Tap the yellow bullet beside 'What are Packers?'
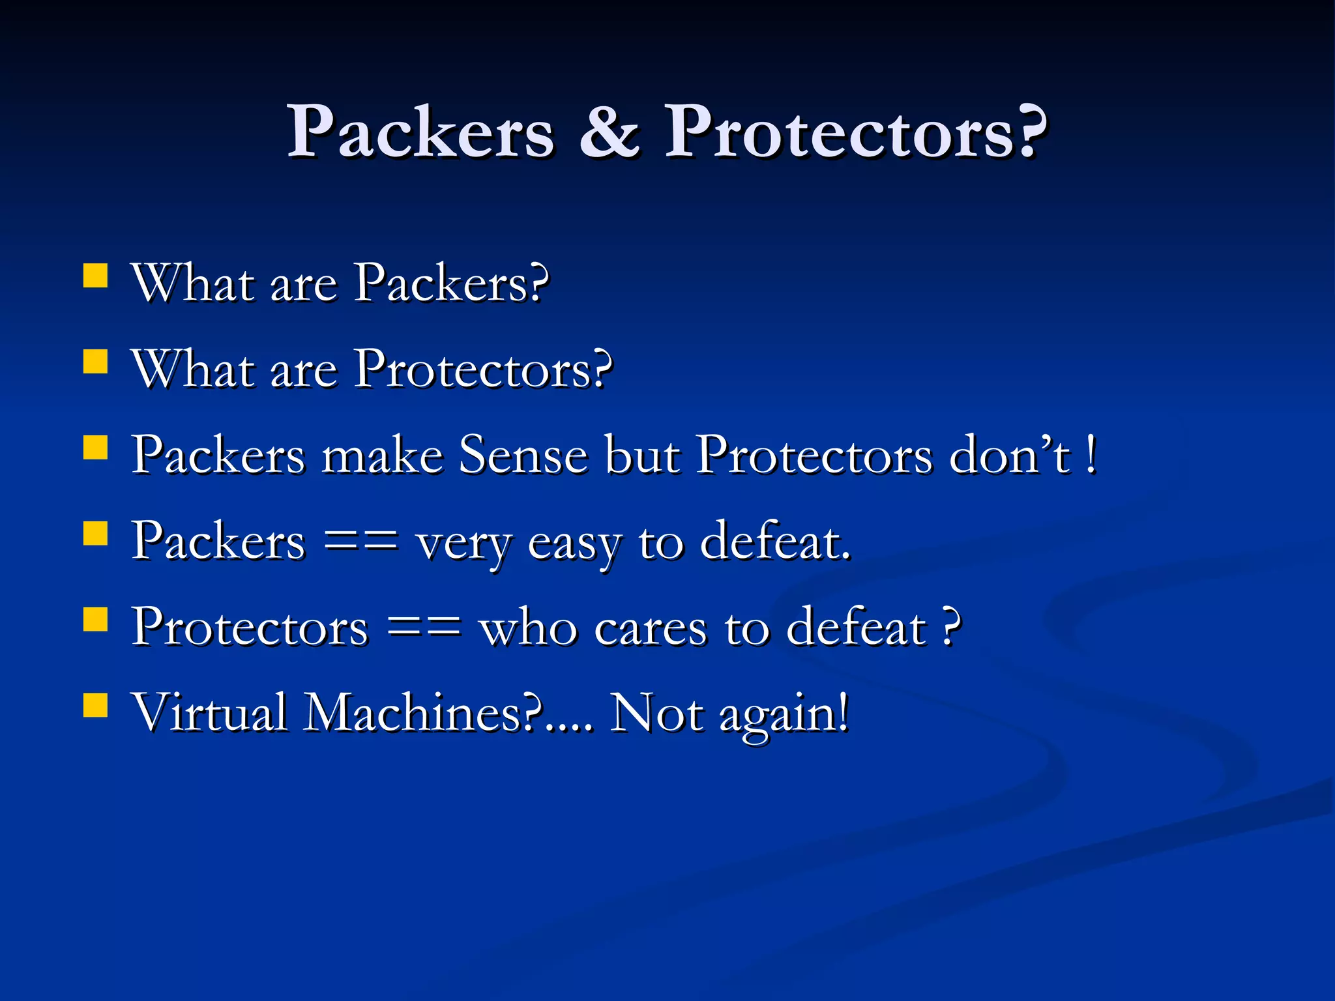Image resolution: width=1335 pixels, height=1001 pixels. pos(96,276)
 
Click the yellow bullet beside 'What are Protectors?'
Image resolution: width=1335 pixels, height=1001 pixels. pos(96,362)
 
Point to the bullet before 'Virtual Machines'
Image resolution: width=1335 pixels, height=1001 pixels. pos(96,705)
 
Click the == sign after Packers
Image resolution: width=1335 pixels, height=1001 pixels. pos(360,540)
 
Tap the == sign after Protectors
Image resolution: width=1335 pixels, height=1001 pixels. pos(424,626)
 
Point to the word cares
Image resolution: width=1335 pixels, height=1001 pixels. pos(650,628)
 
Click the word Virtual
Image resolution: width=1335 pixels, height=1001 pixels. pos(209,712)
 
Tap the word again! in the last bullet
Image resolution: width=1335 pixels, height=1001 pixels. pos(784,714)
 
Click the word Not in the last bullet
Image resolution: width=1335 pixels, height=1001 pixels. pos(656,712)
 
